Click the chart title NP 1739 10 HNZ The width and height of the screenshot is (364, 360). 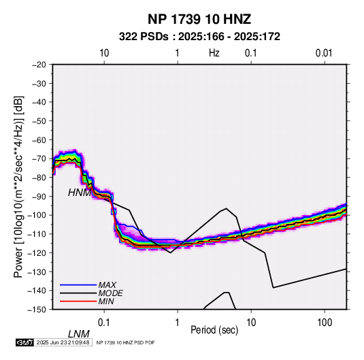199,19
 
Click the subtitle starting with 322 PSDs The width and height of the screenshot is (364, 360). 199,37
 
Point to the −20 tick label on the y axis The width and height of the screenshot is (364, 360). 39,65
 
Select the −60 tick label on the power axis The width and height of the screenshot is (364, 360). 39,140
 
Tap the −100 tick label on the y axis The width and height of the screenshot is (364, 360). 37,215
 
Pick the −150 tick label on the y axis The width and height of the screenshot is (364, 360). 37,310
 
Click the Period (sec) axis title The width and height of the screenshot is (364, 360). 214,330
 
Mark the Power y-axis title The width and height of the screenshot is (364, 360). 18,186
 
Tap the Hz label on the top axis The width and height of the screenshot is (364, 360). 214,53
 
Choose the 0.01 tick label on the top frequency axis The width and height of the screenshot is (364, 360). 324,53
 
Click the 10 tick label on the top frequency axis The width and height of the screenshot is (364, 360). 104,53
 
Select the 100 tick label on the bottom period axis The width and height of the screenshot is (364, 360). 325,323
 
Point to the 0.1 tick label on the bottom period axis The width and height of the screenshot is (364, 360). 104,323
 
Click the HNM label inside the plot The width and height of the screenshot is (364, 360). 80,193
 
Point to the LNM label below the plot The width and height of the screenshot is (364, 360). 79,334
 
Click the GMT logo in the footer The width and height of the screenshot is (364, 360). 25,342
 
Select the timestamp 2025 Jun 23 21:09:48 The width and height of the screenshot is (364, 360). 63,342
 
